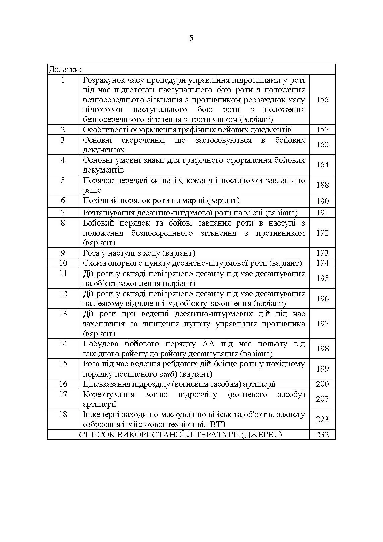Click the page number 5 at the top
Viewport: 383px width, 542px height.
point(191,38)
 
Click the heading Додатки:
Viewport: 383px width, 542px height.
point(65,69)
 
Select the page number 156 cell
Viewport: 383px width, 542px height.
point(322,100)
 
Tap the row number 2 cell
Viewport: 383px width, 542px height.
point(63,130)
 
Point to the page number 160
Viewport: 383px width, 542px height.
point(322,145)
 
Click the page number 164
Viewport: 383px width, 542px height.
point(322,165)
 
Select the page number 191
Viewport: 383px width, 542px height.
point(322,213)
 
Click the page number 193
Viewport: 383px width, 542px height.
point(322,253)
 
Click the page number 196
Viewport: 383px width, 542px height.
point(322,299)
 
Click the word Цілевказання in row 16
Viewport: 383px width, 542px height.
point(106,384)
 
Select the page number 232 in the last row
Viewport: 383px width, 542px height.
point(322,435)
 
